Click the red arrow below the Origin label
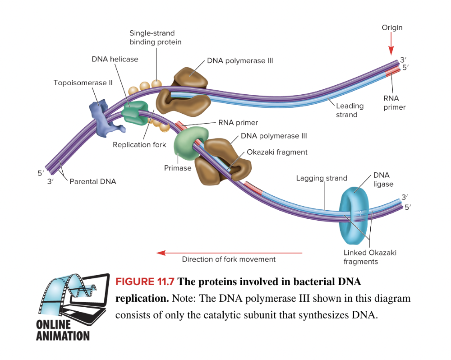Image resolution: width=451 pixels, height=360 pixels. (x=391, y=45)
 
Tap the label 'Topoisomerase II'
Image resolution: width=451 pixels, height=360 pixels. (x=83, y=83)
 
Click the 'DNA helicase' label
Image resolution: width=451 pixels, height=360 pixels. (x=115, y=59)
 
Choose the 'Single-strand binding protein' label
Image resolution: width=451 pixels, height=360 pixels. (x=155, y=37)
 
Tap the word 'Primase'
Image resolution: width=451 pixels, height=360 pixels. (x=178, y=168)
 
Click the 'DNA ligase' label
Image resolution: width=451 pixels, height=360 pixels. (x=383, y=180)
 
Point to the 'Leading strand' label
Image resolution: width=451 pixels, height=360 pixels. (x=350, y=110)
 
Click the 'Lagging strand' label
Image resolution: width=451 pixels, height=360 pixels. (x=322, y=178)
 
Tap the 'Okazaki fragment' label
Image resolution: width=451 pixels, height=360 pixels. (x=277, y=152)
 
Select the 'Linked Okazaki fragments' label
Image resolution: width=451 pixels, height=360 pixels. (x=370, y=257)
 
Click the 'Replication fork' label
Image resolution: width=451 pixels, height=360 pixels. (x=139, y=145)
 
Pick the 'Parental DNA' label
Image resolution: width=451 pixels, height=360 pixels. (x=92, y=181)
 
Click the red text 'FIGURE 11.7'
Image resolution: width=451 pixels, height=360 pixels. (x=145, y=282)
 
